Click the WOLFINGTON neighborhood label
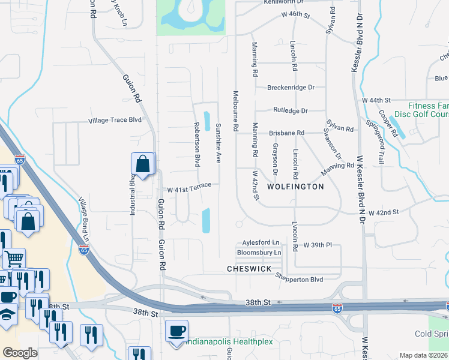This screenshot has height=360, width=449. tap(295, 187)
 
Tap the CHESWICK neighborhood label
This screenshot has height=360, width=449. tap(250, 269)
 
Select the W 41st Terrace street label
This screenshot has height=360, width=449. tap(189, 188)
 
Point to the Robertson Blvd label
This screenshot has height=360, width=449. tap(196, 145)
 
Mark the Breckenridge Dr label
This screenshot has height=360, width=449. tap(291, 87)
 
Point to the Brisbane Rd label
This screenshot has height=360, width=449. tap(287, 133)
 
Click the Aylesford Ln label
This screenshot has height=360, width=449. tap(261, 242)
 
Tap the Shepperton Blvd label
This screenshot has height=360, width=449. tap(299, 279)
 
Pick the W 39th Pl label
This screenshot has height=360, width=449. tap(318, 245)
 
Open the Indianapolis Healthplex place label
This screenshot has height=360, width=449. tap(228, 341)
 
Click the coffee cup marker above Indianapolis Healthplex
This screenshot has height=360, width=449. tap(176, 331)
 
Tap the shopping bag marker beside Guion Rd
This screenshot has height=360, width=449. tap(143, 164)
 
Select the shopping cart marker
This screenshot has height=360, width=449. tap(14, 259)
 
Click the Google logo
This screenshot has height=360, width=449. tap(20, 353)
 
